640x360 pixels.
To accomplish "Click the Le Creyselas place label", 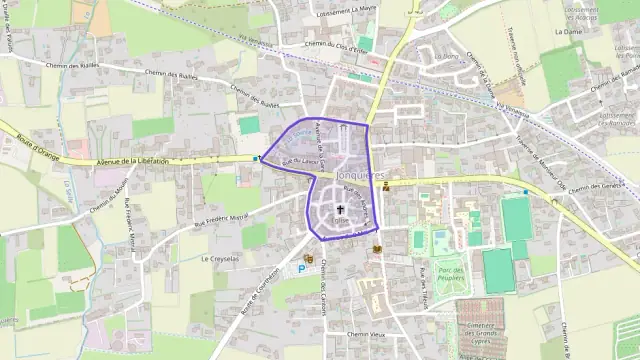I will coord(220,258).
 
